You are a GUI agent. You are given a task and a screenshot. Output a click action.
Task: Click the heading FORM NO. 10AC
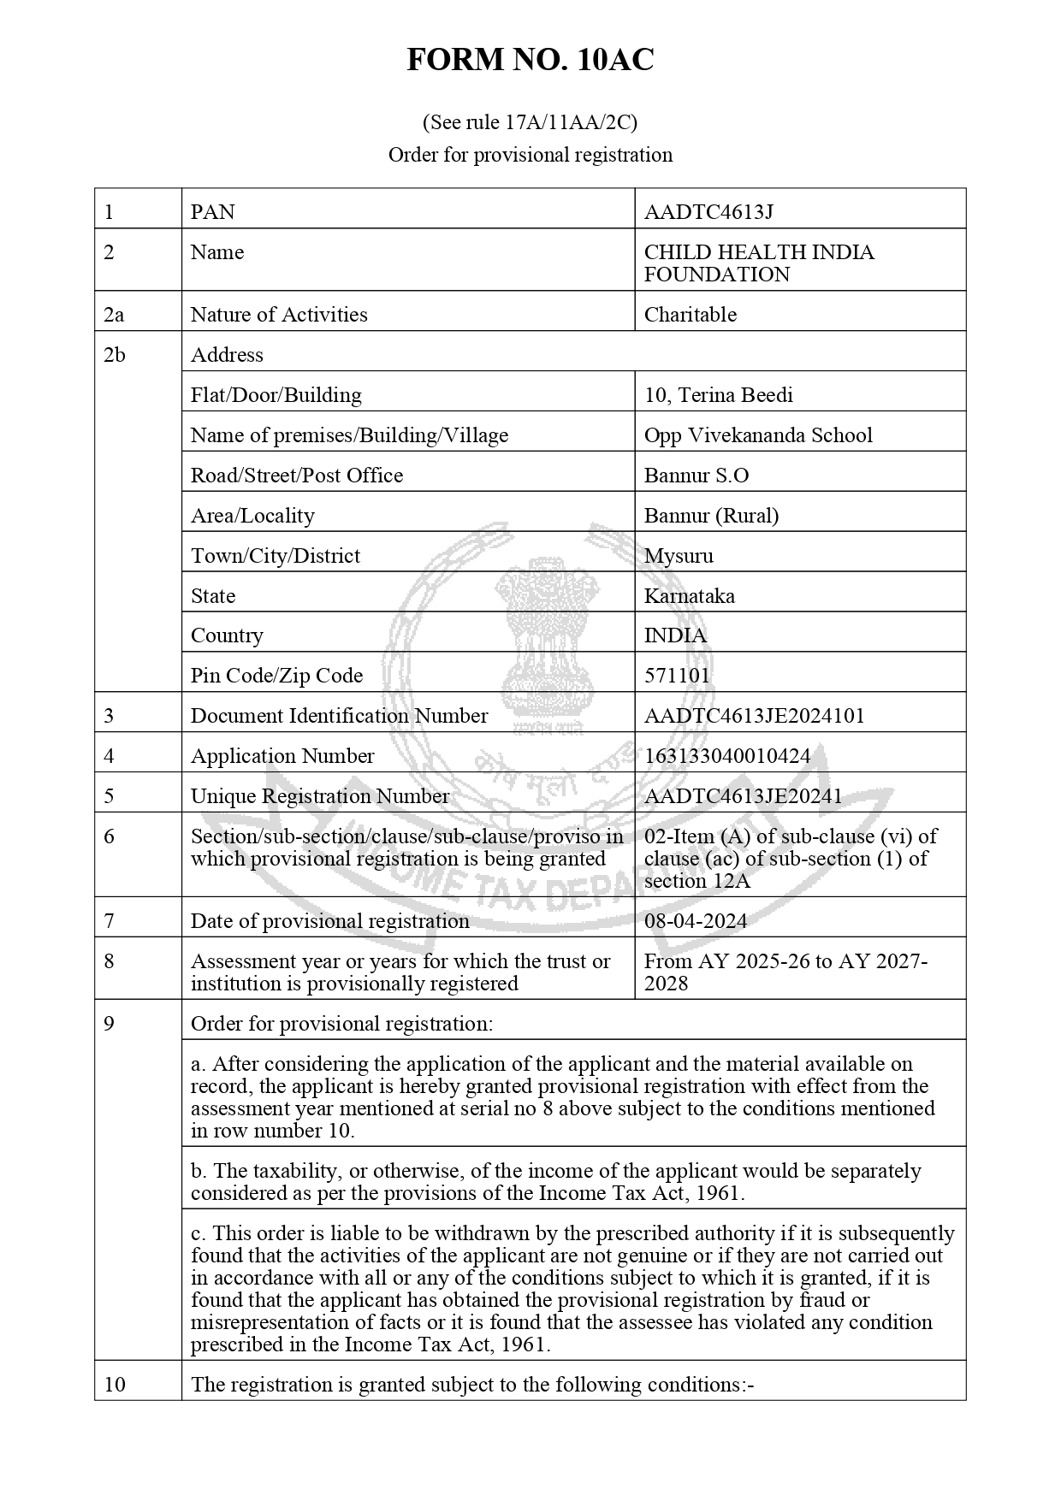click(530, 60)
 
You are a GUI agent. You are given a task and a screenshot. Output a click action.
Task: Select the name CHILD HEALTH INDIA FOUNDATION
click(758, 263)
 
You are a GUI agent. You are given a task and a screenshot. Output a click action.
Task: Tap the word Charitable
click(690, 315)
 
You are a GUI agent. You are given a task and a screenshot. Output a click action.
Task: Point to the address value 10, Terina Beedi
click(718, 395)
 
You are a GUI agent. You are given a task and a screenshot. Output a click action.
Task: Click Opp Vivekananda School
click(757, 435)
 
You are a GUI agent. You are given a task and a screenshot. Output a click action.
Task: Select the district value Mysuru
click(678, 556)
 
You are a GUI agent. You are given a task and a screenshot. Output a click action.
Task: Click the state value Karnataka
click(689, 596)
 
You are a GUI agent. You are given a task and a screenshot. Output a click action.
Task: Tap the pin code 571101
click(676, 676)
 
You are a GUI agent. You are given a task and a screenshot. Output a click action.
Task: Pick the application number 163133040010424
click(726, 756)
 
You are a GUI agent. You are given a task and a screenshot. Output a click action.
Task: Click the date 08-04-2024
click(695, 921)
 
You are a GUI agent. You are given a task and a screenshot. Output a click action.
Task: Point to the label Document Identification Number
click(339, 716)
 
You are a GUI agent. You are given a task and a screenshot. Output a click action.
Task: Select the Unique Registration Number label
click(319, 796)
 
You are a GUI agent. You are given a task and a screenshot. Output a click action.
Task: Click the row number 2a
click(113, 315)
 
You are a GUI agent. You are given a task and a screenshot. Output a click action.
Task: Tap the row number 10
click(114, 1384)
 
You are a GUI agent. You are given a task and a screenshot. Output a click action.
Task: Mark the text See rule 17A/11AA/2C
click(530, 123)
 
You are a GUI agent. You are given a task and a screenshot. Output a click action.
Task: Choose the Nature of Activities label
click(278, 315)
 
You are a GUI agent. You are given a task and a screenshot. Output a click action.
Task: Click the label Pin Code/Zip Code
click(276, 676)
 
